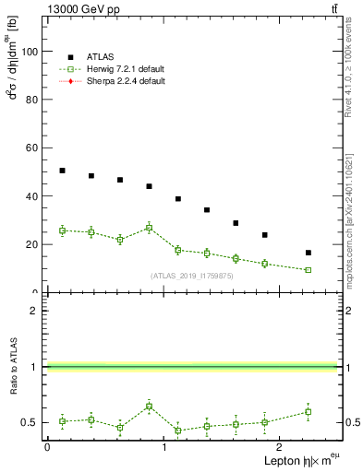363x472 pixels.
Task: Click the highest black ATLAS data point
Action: click(x=62, y=171)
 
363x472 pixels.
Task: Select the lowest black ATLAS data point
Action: click(x=308, y=253)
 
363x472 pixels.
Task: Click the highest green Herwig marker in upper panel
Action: click(x=149, y=228)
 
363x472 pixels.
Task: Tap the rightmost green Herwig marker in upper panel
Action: click(x=308, y=270)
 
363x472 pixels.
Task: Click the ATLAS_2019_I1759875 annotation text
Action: click(x=192, y=276)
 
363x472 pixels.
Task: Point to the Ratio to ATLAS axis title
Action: click(x=12, y=367)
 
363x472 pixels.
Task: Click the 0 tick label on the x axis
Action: click(x=47, y=447)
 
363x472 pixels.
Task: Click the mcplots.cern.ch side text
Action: click(x=349, y=222)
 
